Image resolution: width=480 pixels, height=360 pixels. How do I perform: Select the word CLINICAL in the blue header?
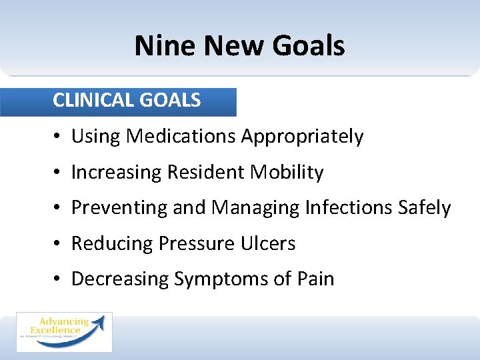93,101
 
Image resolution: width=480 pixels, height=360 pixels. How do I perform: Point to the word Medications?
181,137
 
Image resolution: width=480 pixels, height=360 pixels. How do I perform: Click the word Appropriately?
302,137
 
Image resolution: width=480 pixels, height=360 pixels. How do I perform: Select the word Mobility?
287,173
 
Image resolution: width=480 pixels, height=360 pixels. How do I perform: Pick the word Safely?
426,209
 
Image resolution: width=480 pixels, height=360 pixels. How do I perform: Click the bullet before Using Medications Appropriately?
59,137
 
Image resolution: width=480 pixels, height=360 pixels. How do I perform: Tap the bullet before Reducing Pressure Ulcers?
59,245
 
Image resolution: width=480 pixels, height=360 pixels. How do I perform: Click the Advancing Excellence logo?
64,331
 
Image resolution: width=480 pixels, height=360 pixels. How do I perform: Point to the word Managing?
255,209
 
